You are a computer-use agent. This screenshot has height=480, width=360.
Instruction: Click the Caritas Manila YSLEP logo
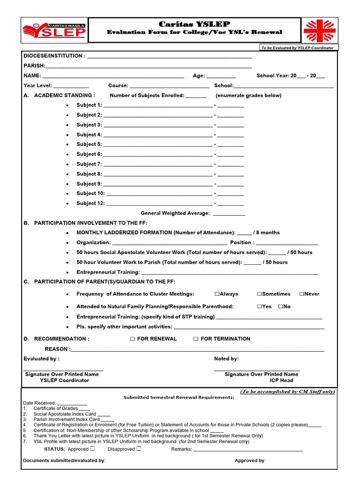[x=54, y=30]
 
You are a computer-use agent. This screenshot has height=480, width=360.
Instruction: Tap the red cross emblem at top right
[x=320, y=30]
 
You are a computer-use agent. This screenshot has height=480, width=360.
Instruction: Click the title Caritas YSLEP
[x=194, y=24]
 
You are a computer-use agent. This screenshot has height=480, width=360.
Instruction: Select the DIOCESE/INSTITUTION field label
[x=54, y=56]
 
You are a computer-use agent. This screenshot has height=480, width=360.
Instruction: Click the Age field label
[x=199, y=76]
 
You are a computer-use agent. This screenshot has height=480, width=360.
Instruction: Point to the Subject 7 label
[x=89, y=164]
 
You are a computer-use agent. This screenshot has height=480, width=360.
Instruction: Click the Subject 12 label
[x=90, y=203]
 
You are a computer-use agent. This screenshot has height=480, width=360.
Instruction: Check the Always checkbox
[x=217, y=294]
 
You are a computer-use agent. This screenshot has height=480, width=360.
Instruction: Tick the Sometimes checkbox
[x=259, y=294]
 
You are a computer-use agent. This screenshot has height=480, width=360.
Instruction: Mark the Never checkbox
[x=301, y=294]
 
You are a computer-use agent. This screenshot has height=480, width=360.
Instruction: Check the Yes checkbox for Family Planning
[x=259, y=307]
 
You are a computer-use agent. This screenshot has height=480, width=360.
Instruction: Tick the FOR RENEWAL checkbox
[x=133, y=339]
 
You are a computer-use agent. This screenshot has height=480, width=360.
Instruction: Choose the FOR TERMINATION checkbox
[x=196, y=339]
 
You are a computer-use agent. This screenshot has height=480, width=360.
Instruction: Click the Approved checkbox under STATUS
[x=92, y=449]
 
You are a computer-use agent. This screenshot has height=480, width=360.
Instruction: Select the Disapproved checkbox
[x=139, y=449]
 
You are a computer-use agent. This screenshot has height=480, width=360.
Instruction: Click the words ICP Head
[x=281, y=381]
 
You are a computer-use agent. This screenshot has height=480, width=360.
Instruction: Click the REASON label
[x=57, y=349]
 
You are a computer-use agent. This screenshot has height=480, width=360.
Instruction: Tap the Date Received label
[x=39, y=403]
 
